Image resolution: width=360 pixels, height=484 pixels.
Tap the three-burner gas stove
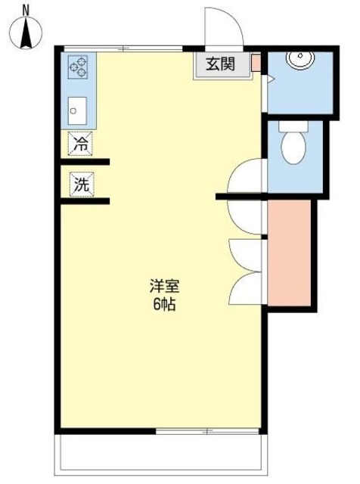tap(79, 67)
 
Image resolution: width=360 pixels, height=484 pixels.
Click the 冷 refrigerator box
tap(81, 142)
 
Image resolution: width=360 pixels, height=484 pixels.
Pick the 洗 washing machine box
tap(81, 182)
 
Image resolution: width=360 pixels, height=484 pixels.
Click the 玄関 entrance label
tap(222, 64)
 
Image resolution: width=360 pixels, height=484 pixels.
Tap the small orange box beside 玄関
tap(256, 63)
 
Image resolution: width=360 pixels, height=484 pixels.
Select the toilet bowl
tap(292, 144)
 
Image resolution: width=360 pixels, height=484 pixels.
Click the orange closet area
tap(290, 251)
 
